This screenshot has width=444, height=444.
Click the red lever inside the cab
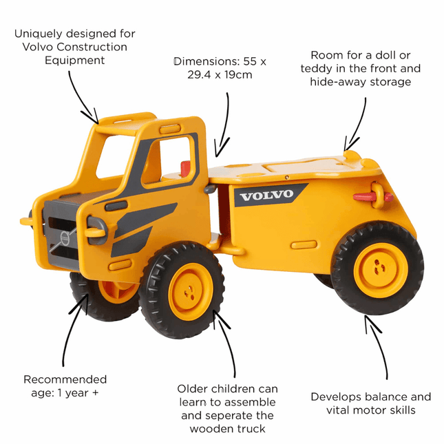(184, 168)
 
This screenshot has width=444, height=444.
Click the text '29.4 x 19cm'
(220, 74)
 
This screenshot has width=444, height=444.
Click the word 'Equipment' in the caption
(74, 61)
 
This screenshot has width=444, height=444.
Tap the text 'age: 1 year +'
(65, 393)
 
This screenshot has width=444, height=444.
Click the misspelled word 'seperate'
(244, 415)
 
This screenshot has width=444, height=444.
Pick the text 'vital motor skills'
(370, 410)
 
